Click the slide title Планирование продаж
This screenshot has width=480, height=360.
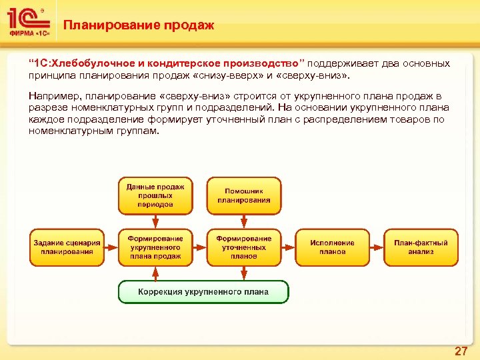click(x=139, y=25)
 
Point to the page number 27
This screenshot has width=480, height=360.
click(x=461, y=351)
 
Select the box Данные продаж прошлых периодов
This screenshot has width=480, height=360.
click(x=155, y=195)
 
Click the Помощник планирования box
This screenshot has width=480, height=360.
click(x=243, y=195)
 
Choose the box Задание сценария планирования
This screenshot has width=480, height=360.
click(x=67, y=247)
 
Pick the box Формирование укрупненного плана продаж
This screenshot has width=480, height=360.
click(x=155, y=247)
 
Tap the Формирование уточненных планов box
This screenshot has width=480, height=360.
click(x=243, y=247)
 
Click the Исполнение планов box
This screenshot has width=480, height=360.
click(x=332, y=247)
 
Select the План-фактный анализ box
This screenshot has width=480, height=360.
click(x=421, y=247)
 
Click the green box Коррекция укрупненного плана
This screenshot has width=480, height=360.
click(x=203, y=291)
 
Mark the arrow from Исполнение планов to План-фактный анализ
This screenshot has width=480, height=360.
click(x=377, y=247)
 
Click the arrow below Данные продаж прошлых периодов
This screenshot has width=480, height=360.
click(x=155, y=221)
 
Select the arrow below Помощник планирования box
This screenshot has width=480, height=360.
click(x=243, y=221)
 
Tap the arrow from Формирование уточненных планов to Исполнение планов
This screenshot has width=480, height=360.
click(x=288, y=247)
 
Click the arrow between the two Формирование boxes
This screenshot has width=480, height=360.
click(x=199, y=247)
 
